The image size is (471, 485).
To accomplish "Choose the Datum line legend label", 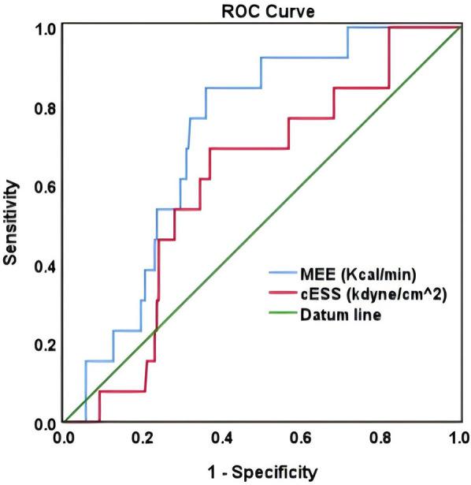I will (340, 315).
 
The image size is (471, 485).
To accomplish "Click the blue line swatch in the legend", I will (279, 274).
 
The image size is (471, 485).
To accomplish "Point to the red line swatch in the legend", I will (279, 295).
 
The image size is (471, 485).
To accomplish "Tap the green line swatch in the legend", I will (279, 315).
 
